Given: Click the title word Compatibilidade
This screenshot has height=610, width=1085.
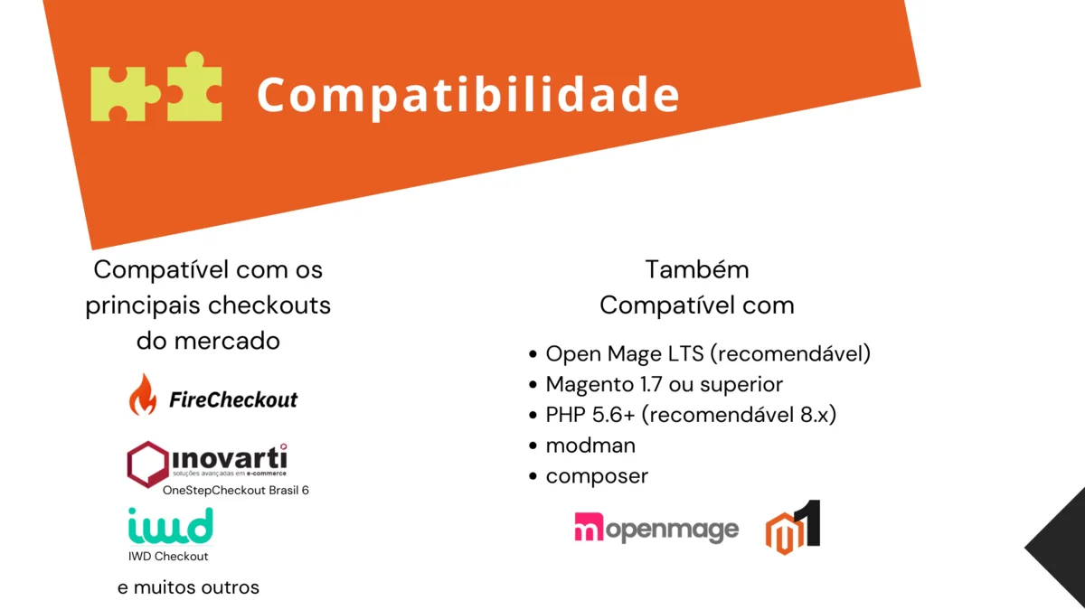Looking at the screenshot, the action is pyautogui.click(x=468, y=96).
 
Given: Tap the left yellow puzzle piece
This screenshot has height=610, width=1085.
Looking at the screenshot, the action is pyautogui.click(x=125, y=94).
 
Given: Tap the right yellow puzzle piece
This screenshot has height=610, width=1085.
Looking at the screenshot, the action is pyautogui.click(x=194, y=86).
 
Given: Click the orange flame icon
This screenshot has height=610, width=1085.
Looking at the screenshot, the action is pyautogui.click(x=143, y=395).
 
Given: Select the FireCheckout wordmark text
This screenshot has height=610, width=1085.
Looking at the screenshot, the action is pyautogui.click(x=233, y=399).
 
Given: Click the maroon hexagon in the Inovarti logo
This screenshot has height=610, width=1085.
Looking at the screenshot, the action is pyautogui.click(x=147, y=464).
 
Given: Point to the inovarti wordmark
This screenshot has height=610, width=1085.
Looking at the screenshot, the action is pyautogui.click(x=230, y=457).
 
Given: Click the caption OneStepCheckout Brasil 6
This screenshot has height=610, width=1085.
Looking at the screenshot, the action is pyautogui.click(x=235, y=491).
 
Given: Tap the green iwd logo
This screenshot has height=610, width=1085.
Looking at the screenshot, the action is pyautogui.click(x=171, y=525).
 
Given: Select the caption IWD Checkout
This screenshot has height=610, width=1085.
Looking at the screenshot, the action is pyautogui.click(x=168, y=557).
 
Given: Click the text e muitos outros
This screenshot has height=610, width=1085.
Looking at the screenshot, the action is pyautogui.click(x=188, y=587).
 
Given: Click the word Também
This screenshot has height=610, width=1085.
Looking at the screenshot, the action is pyautogui.click(x=697, y=269).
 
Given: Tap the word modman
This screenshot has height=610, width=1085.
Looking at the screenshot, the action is pyautogui.click(x=590, y=446).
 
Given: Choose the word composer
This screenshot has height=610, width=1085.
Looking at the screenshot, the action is pyautogui.click(x=597, y=477).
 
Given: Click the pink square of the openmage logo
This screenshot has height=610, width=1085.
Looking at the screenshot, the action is pyautogui.click(x=589, y=527).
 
